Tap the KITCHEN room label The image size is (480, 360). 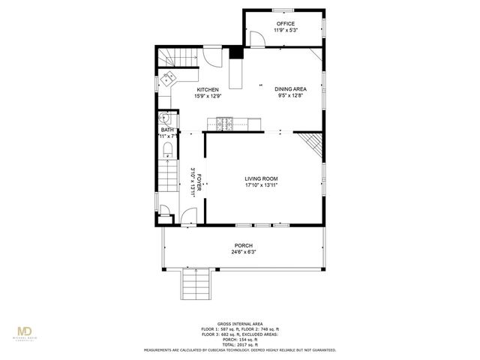click(208, 89)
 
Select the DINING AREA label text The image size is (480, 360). click(291, 89)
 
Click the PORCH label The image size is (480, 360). click(243, 245)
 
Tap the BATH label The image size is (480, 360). click(166, 130)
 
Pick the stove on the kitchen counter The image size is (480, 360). click(224, 121)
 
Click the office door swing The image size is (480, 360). click(256, 39)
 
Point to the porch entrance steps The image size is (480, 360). click(197, 284)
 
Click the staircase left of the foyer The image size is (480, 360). click(167, 186)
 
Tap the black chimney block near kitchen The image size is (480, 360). click(237, 52)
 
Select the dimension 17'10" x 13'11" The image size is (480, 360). click(261, 185)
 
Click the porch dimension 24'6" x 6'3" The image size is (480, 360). click(243, 252)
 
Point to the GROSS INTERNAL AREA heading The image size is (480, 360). click(241, 322)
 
